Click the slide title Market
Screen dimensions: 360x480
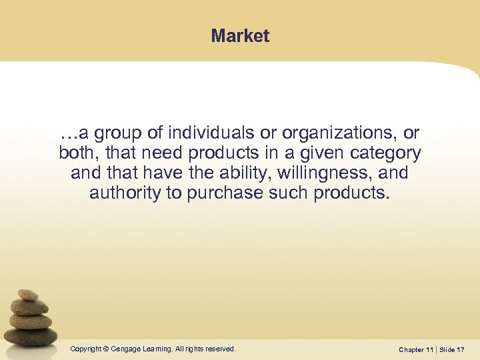240,36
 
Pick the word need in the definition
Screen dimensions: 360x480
165,153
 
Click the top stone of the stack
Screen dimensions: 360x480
28,295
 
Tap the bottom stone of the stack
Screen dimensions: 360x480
31,335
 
